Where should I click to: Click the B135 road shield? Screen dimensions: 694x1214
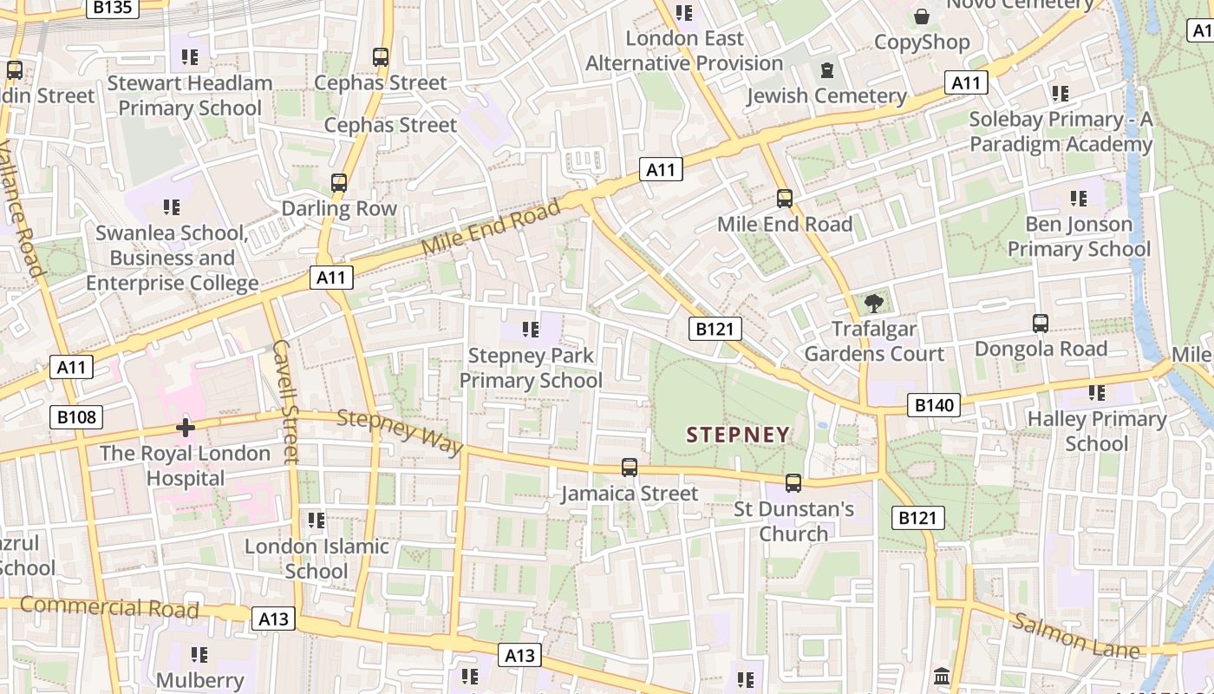click(x=112, y=8)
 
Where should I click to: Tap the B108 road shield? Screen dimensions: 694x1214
click(x=75, y=417)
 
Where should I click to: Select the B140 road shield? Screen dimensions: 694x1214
click(x=934, y=404)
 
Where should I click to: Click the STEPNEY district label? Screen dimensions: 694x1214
click(x=738, y=435)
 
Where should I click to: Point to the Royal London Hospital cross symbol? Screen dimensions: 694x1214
click(x=185, y=427)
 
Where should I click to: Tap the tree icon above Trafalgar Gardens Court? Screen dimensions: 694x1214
click(x=873, y=303)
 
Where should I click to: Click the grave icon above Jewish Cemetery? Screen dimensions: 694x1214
click(x=827, y=69)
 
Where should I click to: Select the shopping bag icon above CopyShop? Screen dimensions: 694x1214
click(x=921, y=16)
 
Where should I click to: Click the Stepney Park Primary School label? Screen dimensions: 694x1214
click(x=531, y=368)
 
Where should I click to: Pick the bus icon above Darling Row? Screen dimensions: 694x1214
click(x=339, y=183)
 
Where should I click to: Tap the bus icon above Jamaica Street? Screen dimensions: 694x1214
click(x=630, y=468)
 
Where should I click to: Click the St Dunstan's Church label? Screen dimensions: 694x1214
click(x=793, y=520)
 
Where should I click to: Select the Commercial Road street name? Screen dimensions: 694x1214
click(x=109, y=606)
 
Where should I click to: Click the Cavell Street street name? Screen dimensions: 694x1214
click(x=285, y=401)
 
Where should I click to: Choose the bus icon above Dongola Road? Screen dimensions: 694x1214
click(x=1041, y=324)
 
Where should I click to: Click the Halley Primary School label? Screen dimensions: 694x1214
click(x=1096, y=431)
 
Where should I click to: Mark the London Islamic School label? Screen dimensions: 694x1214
click(x=317, y=559)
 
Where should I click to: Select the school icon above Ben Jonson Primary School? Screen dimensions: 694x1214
click(x=1079, y=199)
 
